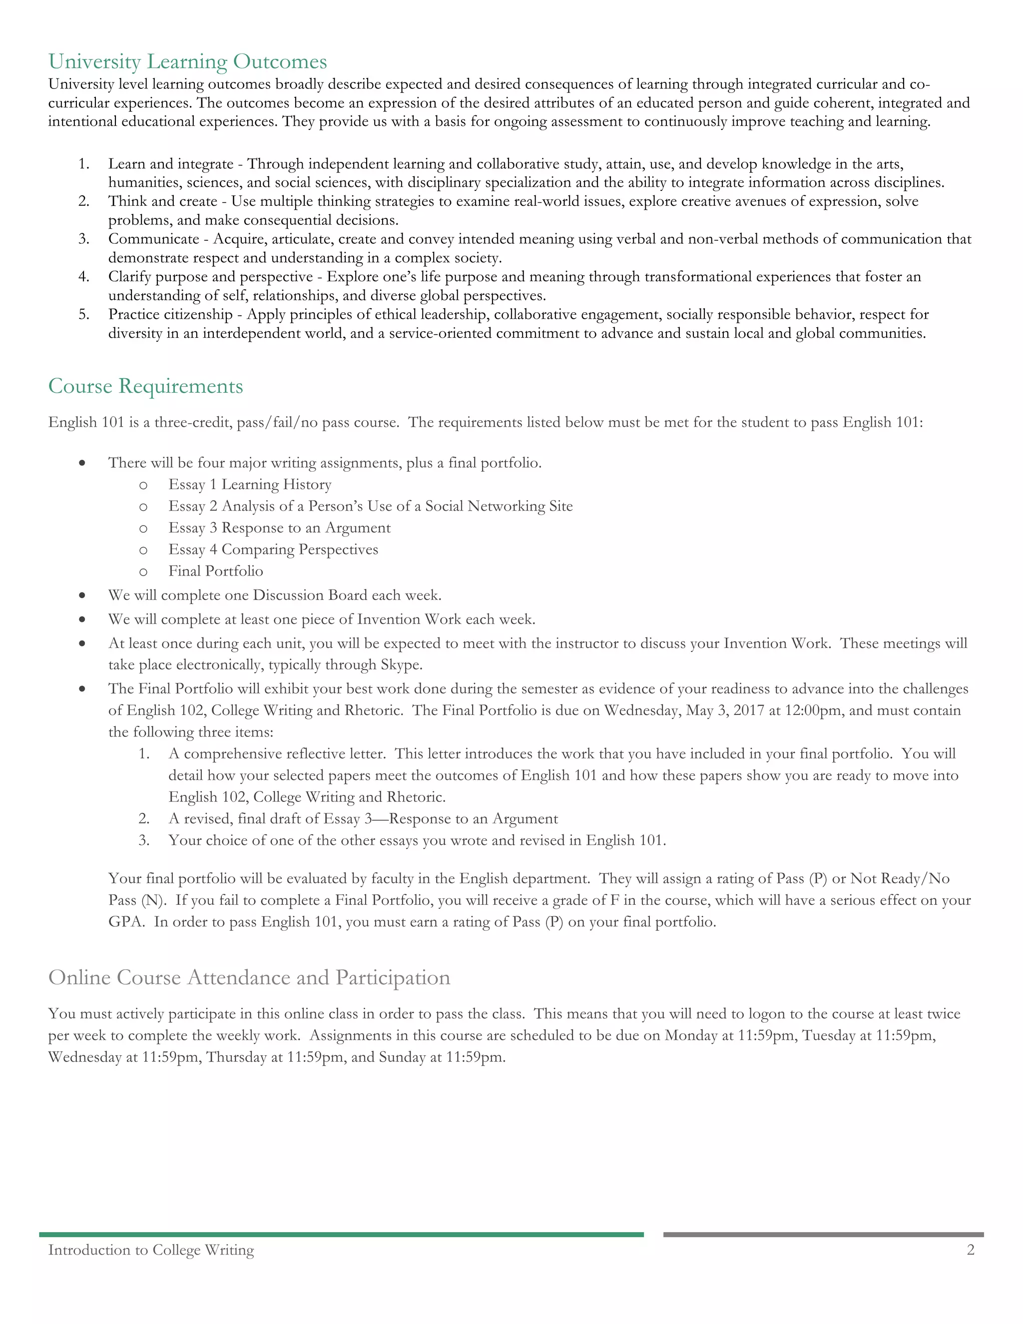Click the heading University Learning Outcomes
tap(187, 62)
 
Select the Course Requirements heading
tap(145, 386)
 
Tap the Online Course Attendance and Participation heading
tap(249, 977)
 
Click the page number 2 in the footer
tap(970, 1250)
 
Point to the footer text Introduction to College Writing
tap(151, 1250)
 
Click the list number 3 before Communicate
tap(83, 239)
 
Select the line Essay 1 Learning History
tap(250, 484)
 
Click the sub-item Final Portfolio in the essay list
tap(215, 571)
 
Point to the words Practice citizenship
tap(170, 315)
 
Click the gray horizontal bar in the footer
tap(823, 1234)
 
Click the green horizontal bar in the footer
tap(341, 1234)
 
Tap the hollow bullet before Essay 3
tap(143, 529)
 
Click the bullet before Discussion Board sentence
tap(82, 596)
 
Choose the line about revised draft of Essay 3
tap(363, 819)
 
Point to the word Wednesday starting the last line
tap(84, 1057)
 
